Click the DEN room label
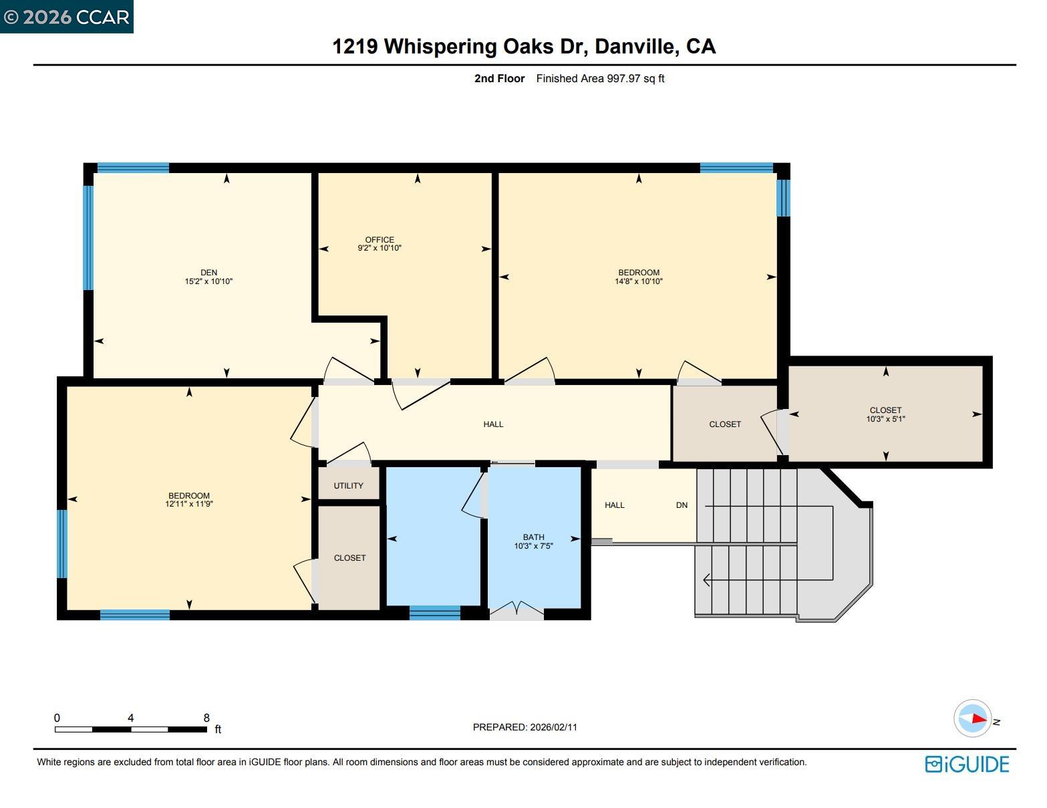tap(208, 272)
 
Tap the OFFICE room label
tap(380, 240)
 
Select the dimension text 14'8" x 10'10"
tap(639, 281)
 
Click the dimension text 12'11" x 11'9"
tap(189, 504)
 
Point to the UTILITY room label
tap(349, 486)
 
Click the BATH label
tap(533, 537)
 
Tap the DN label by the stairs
tap(682, 505)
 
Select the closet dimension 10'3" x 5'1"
tap(885, 419)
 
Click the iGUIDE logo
tap(967, 764)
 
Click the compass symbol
tap(972, 718)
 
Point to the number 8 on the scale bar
tap(206, 718)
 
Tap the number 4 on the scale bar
tap(131, 718)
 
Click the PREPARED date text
tap(525, 727)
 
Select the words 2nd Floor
tap(499, 78)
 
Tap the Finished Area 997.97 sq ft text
tap(600, 78)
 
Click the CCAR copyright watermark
tap(66, 17)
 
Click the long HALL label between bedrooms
tap(493, 424)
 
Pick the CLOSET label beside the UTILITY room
tap(349, 557)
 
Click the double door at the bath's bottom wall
tap(516, 609)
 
